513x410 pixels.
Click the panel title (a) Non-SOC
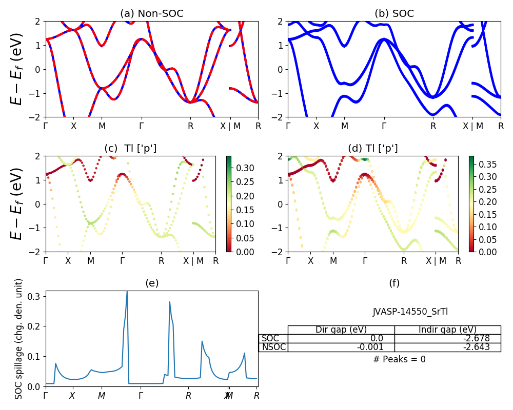(151, 14)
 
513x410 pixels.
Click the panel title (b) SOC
(394, 14)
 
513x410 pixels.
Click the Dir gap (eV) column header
(341, 330)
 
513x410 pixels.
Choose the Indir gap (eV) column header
(447, 330)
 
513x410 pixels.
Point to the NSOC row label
(273, 347)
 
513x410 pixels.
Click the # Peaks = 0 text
(399, 359)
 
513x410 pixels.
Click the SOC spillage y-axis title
(19, 339)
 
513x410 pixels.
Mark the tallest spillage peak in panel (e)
(127, 292)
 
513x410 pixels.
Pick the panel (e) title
(151, 283)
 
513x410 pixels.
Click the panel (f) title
(394, 283)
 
